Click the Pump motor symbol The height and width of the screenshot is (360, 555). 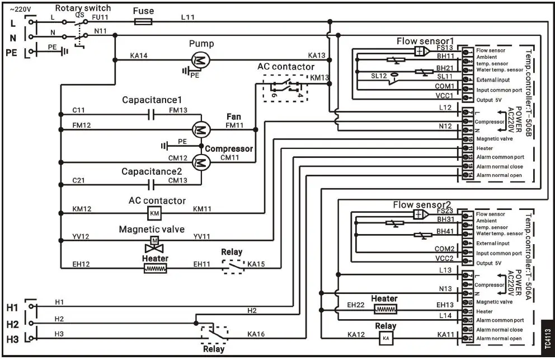point(200,58)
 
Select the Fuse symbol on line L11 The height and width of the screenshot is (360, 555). point(143,22)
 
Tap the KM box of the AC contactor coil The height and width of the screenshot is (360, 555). point(154,213)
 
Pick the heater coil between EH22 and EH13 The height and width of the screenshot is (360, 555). point(385,309)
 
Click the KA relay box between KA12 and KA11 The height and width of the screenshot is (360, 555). point(385,338)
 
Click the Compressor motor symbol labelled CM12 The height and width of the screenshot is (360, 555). point(200,162)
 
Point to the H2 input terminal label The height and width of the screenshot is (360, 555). point(12,323)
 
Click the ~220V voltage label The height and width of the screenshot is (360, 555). point(21,8)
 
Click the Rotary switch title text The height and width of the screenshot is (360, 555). point(83,8)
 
